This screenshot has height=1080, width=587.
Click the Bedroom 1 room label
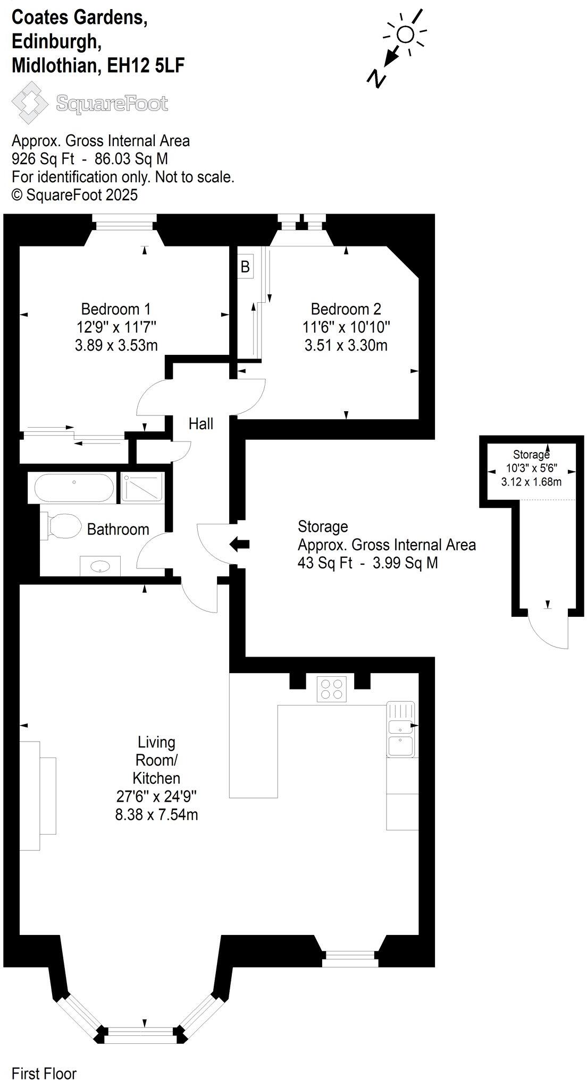click(116, 309)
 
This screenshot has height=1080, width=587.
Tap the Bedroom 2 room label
click(346, 309)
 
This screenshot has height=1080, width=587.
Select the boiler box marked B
click(245, 266)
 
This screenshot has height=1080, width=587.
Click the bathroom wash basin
click(100, 566)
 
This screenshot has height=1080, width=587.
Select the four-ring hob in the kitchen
click(331, 688)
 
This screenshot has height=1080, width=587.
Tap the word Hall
click(201, 423)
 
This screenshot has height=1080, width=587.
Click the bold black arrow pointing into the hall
click(239, 544)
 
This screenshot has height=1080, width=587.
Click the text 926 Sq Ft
click(43, 159)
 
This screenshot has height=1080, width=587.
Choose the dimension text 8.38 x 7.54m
click(156, 814)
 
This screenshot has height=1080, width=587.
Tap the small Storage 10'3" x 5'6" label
click(531, 468)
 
